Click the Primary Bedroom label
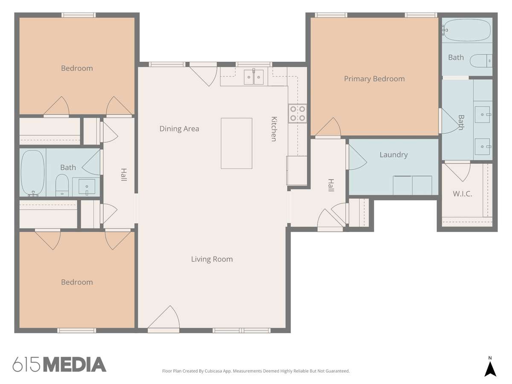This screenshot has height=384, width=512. click(x=374, y=79)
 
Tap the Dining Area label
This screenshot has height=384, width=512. click(x=179, y=129)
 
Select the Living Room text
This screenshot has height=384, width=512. click(x=212, y=259)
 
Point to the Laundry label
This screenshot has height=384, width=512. click(x=393, y=154)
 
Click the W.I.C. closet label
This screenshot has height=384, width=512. click(x=463, y=194)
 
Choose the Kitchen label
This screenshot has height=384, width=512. click(x=274, y=129)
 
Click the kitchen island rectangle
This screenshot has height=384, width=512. click(x=236, y=143)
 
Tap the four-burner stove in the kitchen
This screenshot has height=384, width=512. click(x=297, y=113)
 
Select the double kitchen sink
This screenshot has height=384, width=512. click(x=253, y=77)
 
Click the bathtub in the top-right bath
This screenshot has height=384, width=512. click(x=467, y=30)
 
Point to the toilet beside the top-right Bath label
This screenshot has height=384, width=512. click(x=481, y=61)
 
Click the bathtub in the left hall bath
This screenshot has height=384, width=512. click(x=33, y=173)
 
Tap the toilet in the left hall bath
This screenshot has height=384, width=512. click(x=62, y=185)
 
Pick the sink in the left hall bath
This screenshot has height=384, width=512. click(x=87, y=186)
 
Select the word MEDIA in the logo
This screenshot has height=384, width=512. click(x=75, y=364)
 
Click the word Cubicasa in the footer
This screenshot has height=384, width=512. click(x=213, y=371)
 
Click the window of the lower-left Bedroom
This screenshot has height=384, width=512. click(x=76, y=330)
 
